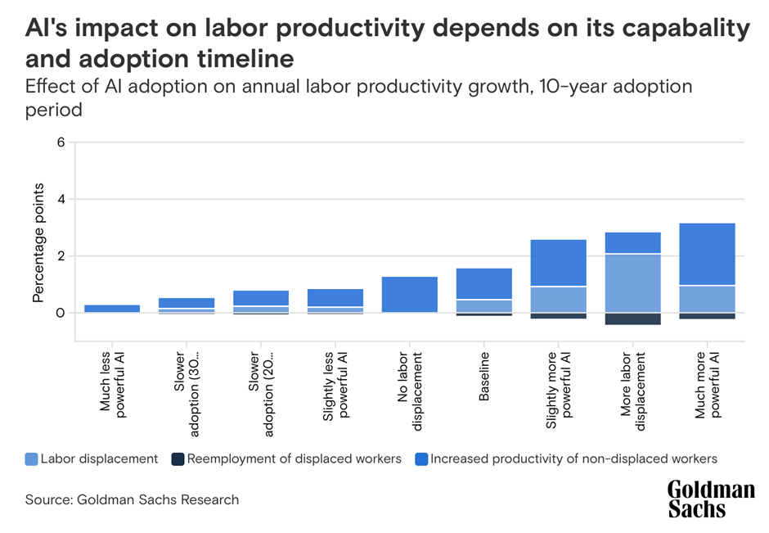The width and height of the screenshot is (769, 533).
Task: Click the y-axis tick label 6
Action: [x=60, y=142]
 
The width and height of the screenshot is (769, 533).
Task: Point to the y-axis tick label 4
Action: [x=60, y=199]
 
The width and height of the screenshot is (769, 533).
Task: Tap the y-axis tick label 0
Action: [x=60, y=313]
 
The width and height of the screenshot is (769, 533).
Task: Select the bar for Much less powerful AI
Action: [x=112, y=309]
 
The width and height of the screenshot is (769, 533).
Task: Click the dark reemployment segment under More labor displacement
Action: [x=632, y=319]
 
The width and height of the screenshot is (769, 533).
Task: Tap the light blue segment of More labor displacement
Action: [x=632, y=283]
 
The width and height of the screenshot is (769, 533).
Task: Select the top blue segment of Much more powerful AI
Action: [x=707, y=254]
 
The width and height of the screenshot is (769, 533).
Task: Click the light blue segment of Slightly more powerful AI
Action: [x=558, y=300]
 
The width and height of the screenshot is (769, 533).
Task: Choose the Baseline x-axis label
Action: [x=484, y=377]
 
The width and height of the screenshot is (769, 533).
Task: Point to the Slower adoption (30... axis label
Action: [x=186, y=383]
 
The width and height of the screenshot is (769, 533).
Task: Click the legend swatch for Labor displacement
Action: [x=31, y=459]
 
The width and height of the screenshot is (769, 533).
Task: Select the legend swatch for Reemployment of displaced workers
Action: [x=177, y=459]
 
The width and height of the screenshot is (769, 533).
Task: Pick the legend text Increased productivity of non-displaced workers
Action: [x=573, y=459]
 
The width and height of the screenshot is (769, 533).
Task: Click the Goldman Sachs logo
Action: [x=710, y=499]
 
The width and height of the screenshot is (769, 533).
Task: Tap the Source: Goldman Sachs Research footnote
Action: [x=132, y=499]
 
